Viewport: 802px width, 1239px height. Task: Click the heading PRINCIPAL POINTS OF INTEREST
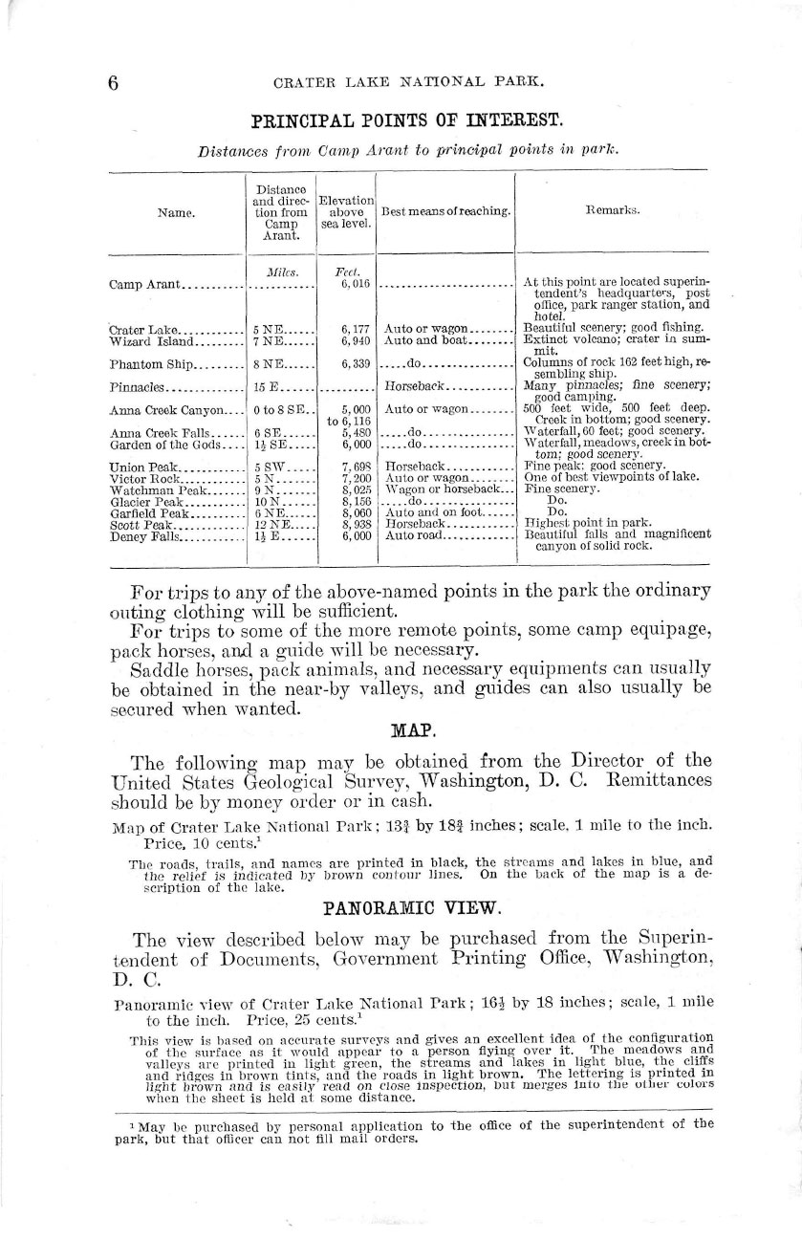pyautogui.click(x=406, y=121)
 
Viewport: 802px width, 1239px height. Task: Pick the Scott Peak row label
pyautogui.click(x=140, y=525)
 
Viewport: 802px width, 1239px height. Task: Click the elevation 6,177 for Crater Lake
pyautogui.click(x=357, y=329)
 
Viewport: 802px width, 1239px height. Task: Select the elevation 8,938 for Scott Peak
pyautogui.click(x=357, y=525)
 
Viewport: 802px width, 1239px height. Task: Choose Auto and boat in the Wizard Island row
pyautogui.click(x=423, y=340)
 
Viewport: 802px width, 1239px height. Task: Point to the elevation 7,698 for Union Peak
pyautogui.click(x=357, y=467)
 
